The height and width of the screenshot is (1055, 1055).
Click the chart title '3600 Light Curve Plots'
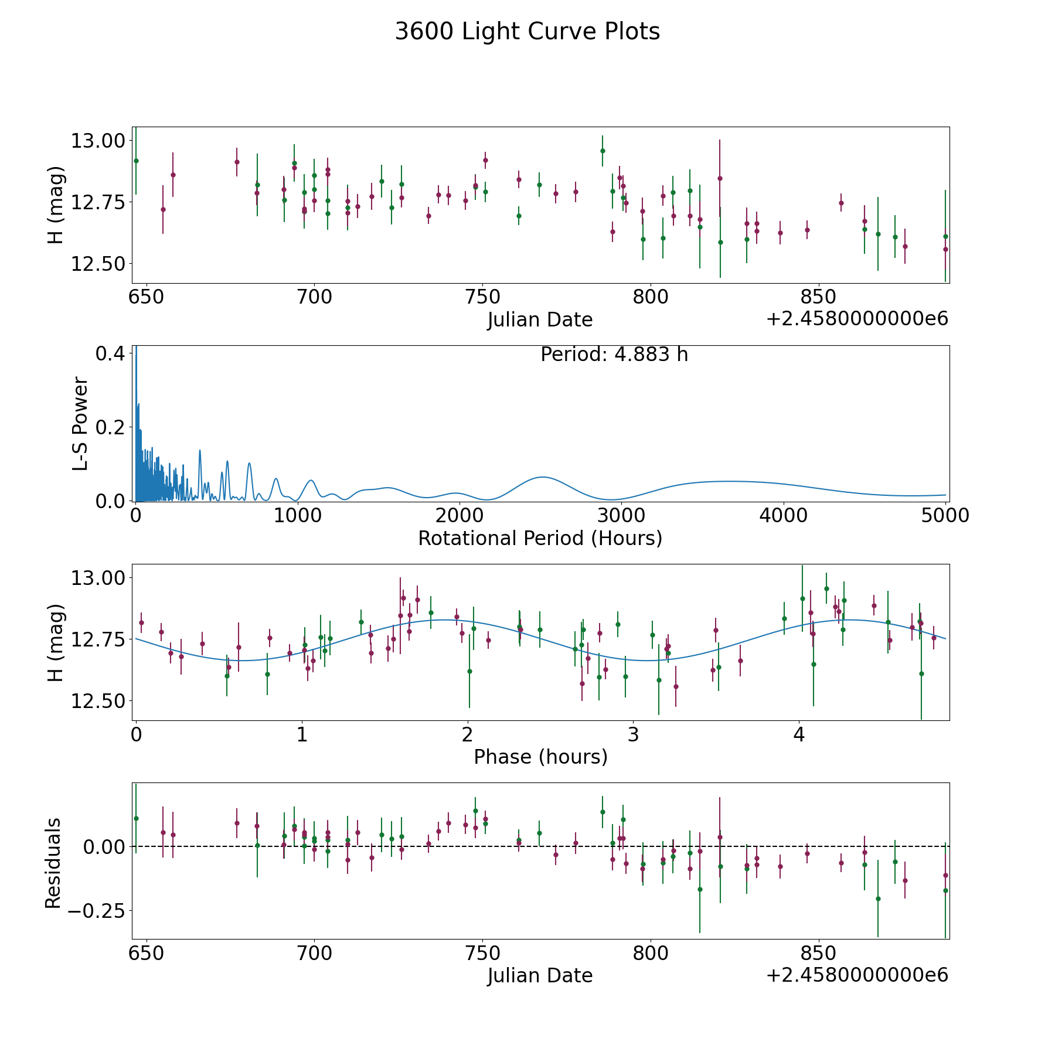(527, 32)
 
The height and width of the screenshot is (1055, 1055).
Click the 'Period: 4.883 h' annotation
(614, 355)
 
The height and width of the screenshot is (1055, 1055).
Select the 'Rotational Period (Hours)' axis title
(540, 538)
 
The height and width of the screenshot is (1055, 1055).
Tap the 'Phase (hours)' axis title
(540, 757)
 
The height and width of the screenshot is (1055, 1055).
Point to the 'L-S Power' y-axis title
(80, 424)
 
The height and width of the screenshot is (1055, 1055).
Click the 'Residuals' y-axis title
(53, 863)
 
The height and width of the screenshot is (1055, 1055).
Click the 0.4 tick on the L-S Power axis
(110, 353)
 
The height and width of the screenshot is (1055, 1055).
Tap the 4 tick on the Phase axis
(799, 735)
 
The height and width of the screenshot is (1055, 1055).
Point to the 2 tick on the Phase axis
(467, 735)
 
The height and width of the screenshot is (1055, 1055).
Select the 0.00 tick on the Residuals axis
(104, 847)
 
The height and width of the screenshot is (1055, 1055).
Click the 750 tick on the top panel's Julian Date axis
(482, 297)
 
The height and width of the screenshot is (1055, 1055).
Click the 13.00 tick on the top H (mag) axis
(98, 141)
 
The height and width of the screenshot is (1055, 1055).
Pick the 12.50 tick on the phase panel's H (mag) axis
(98, 701)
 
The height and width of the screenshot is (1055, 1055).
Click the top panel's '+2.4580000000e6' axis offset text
(857, 319)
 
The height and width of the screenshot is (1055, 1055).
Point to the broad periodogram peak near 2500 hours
(543, 477)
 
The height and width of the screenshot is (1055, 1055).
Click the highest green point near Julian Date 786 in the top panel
(603, 151)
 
